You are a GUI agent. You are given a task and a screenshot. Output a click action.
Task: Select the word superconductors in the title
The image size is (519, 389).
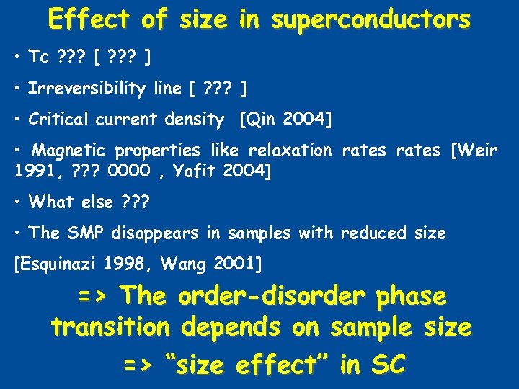pos(371,19)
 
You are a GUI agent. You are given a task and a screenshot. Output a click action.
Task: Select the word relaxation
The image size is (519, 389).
pos(290,151)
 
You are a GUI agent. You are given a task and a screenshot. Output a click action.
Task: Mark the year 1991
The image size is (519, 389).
pos(32,172)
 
